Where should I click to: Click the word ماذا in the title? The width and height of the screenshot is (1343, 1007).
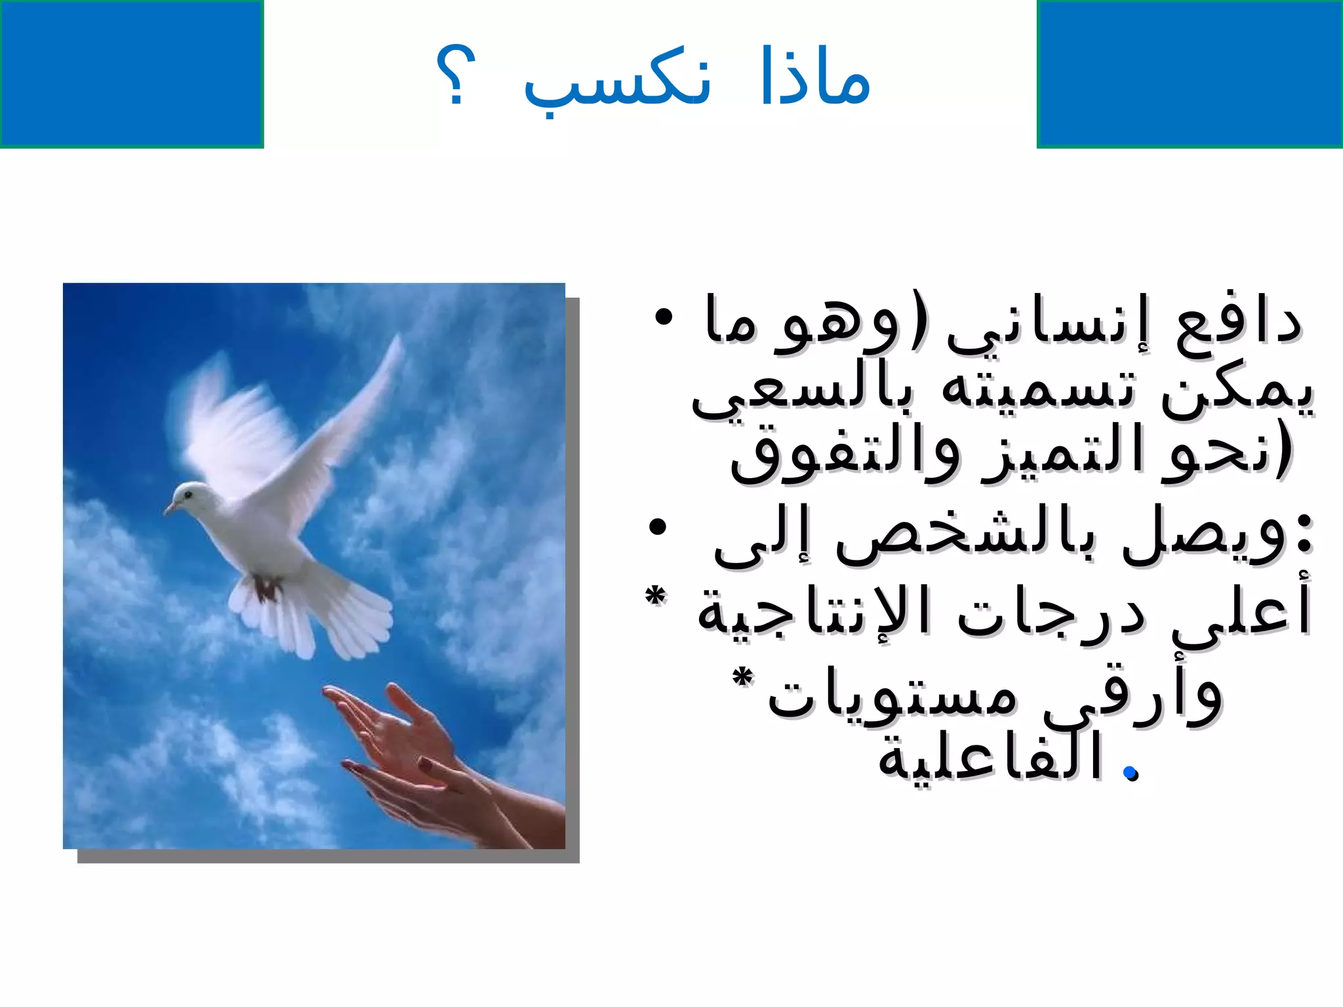pyautogui.click(x=815, y=77)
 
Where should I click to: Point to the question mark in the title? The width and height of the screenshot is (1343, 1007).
pyautogui.click(x=455, y=75)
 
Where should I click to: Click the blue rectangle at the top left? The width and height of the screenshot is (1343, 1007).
pyautogui.click(x=131, y=73)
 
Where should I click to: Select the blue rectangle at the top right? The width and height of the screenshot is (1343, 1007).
pyautogui.click(x=1190, y=73)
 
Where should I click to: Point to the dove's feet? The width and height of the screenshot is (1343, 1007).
pyautogui.click(x=266, y=588)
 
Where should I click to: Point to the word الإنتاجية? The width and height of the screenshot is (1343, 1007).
pyautogui.click(x=813, y=613)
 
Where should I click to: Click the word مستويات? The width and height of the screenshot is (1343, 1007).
pyautogui.click(x=892, y=696)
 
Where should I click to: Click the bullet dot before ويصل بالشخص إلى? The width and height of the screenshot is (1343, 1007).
pyautogui.click(x=657, y=526)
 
